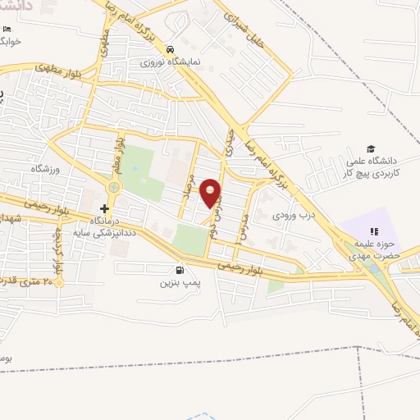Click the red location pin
(x=211, y=194)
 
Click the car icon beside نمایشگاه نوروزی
(x=169, y=49)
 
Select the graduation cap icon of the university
(x=372, y=148)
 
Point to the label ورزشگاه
(x=47, y=168)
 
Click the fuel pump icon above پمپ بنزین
(x=180, y=269)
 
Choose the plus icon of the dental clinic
(x=104, y=208)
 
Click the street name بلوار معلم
(x=120, y=153)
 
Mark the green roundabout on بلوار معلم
(x=113, y=188)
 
